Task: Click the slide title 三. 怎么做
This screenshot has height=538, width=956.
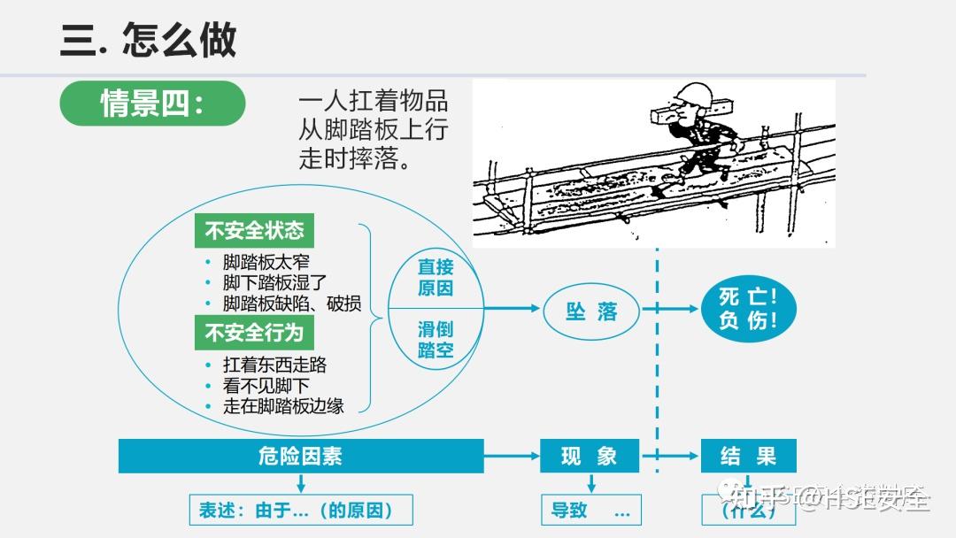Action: click(x=148, y=41)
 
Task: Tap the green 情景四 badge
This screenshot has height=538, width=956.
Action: click(x=151, y=104)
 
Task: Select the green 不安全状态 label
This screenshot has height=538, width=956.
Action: click(x=254, y=231)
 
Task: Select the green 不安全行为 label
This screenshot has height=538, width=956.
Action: click(x=254, y=333)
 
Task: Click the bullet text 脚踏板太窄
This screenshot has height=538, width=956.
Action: click(x=266, y=262)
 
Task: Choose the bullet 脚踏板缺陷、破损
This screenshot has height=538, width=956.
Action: click(x=291, y=304)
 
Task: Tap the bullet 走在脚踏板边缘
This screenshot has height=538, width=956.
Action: click(x=283, y=407)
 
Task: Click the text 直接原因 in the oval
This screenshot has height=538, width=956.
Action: click(x=436, y=278)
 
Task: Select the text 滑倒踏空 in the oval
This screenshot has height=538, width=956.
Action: click(x=436, y=340)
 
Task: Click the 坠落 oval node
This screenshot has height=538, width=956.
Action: click(x=591, y=311)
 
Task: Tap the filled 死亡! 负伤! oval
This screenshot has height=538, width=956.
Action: click(x=748, y=309)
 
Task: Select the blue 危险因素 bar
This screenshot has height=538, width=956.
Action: click(x=301, y=457)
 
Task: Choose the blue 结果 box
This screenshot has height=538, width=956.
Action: click(x=748, y=457)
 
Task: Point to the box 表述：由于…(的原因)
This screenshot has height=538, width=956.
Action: click(x=301, y=510)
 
